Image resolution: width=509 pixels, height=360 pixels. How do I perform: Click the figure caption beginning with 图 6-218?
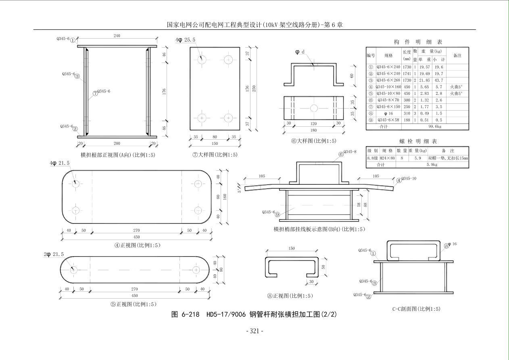(254, 314)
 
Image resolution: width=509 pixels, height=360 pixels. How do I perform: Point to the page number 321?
(255, 331)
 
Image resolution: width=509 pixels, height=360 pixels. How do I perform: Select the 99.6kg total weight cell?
(435, 126)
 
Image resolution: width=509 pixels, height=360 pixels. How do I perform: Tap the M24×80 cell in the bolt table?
(387, 158)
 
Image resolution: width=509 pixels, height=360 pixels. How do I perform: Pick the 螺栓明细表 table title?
(417, 141)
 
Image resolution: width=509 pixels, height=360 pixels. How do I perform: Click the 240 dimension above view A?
(117, 36)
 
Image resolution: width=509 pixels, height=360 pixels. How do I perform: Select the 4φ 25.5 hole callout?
(186, 40)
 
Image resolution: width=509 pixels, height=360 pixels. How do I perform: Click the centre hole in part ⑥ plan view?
(314, 108)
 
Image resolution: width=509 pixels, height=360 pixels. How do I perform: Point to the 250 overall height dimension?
(254, 88)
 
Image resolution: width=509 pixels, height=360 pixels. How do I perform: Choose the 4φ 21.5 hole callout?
(60, 163)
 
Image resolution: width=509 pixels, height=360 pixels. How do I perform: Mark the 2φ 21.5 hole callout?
(54, 254)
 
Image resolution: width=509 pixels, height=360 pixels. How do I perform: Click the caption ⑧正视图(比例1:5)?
(290, 296)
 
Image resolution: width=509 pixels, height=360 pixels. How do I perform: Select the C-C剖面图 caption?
(416, 309)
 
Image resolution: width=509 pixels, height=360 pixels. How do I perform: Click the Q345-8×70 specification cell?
(388, 100)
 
